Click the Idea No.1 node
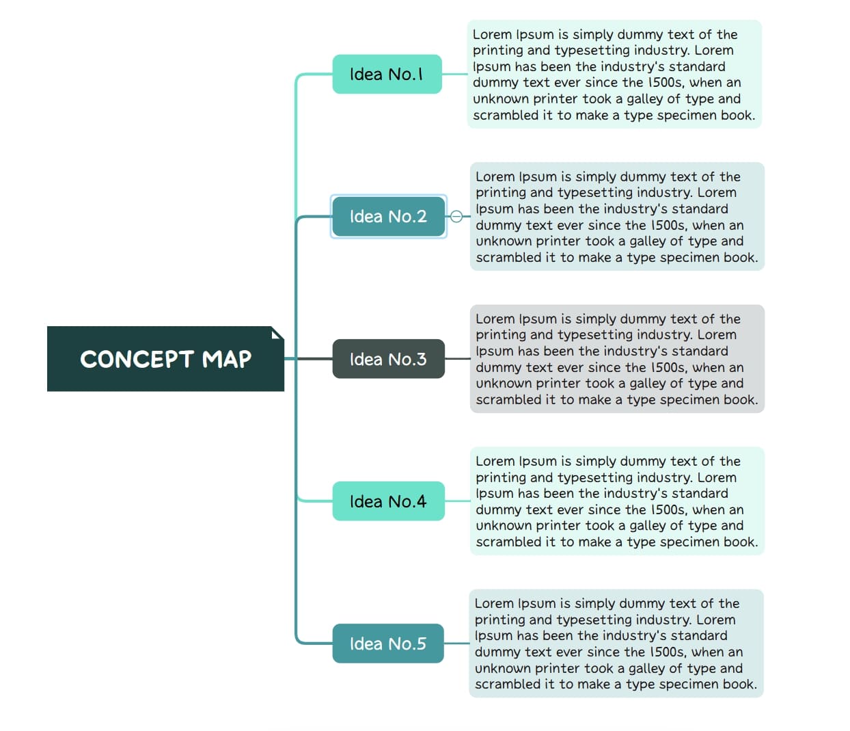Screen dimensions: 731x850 (x=387, y=74)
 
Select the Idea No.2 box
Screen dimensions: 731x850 (x=388, y=216)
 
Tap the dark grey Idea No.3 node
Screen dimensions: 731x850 (x=388, y=359)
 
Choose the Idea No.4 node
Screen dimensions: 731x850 (x=388, y=501)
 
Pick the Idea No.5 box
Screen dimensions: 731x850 (x=388, y=643)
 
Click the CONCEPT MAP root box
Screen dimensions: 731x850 (x=165, y=359)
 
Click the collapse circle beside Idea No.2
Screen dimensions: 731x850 (x=457, y=216)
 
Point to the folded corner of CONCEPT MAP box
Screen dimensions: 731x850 (x=277, y=333)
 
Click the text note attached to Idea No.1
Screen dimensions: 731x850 (x=614, y=74)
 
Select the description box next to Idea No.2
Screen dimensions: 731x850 (x=616, y=216)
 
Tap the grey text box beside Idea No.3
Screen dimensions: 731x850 (x=616, y=359)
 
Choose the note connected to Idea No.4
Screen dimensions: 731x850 (x=616, y=501)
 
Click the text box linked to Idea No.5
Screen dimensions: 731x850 (x=616, y=643)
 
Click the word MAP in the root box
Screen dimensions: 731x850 (x=227, y=359)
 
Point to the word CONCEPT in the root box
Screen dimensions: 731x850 (x=137, y=359)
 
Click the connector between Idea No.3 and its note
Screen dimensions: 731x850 (x=457, y=359)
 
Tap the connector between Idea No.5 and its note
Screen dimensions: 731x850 (x=456, y=643)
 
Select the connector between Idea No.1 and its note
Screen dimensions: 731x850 (x=454, y=74)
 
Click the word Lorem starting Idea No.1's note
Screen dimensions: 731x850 (x=492, y=34)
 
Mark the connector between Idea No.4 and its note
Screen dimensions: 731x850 (x=457, y=501)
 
